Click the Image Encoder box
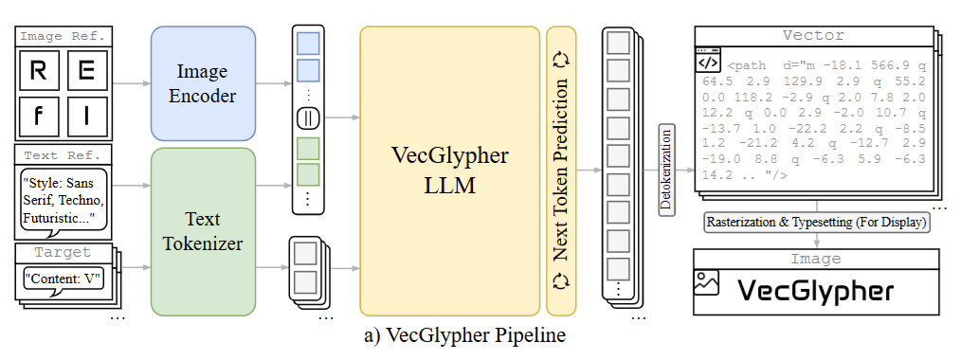pos(203,82)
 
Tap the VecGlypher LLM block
pos(449,171)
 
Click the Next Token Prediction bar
pos(561,171)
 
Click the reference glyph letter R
pos(39,71)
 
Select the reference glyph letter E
pos(86,71)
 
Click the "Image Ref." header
pos(63,37)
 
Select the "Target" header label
pos(63,253)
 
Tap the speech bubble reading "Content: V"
pos(63,280)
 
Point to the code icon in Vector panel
pos(708,62)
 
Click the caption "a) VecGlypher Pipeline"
pos(449,336)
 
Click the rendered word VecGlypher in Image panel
pos(815,289)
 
